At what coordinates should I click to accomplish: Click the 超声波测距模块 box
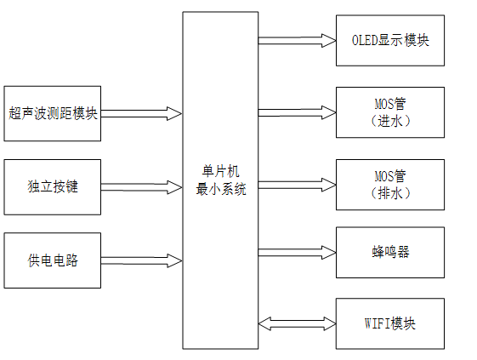pos(53,112)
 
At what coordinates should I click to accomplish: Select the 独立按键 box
pos(53,186)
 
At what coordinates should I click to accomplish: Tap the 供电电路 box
pos(53,260)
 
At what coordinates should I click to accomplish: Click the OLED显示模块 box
pos(390,40)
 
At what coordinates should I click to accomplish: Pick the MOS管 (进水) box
pos(390,112)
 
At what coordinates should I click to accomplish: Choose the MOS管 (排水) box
pos(390,184)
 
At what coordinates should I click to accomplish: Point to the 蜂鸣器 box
pos(390,252)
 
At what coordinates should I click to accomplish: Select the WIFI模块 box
pos(390,323)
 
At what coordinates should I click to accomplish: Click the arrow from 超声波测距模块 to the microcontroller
pos(141,112)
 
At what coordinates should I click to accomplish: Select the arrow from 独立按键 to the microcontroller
pos(141,186)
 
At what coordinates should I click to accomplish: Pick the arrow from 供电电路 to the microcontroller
pos(141,260)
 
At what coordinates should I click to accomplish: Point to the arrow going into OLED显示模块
pos(297,40)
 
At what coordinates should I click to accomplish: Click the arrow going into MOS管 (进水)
pos(297,112)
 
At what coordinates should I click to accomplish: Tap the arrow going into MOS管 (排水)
pos(297,184)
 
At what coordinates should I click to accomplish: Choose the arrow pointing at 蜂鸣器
pos(297,252)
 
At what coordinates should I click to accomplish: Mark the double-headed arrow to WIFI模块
pos(297,323)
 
